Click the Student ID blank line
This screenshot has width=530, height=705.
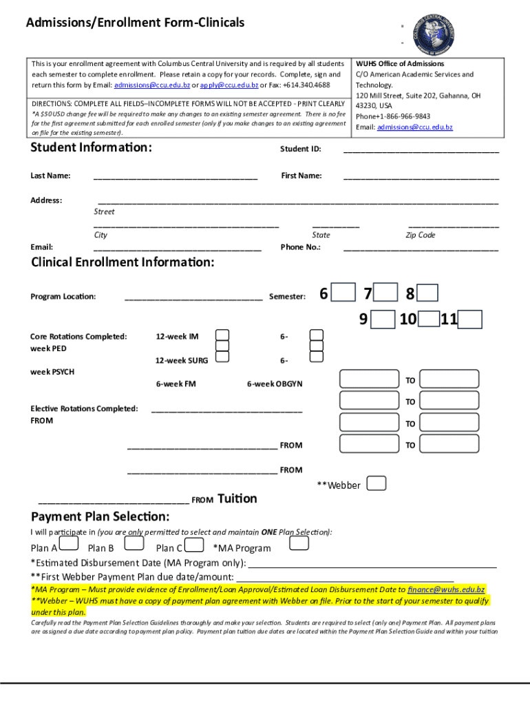421,150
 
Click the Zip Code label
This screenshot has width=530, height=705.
420,235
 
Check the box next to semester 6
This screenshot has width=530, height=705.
344,293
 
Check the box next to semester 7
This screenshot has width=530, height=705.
387,293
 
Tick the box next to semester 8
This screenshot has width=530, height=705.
427,293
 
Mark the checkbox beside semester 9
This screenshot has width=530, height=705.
383,319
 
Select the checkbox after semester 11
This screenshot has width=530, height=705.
470,319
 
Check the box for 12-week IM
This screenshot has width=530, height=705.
223,335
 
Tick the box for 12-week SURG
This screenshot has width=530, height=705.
223,355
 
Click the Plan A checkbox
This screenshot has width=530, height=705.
69,545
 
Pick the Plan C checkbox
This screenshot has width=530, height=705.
195,545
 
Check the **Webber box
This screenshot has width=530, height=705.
377,483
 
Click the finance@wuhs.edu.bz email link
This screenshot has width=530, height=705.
446,589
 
